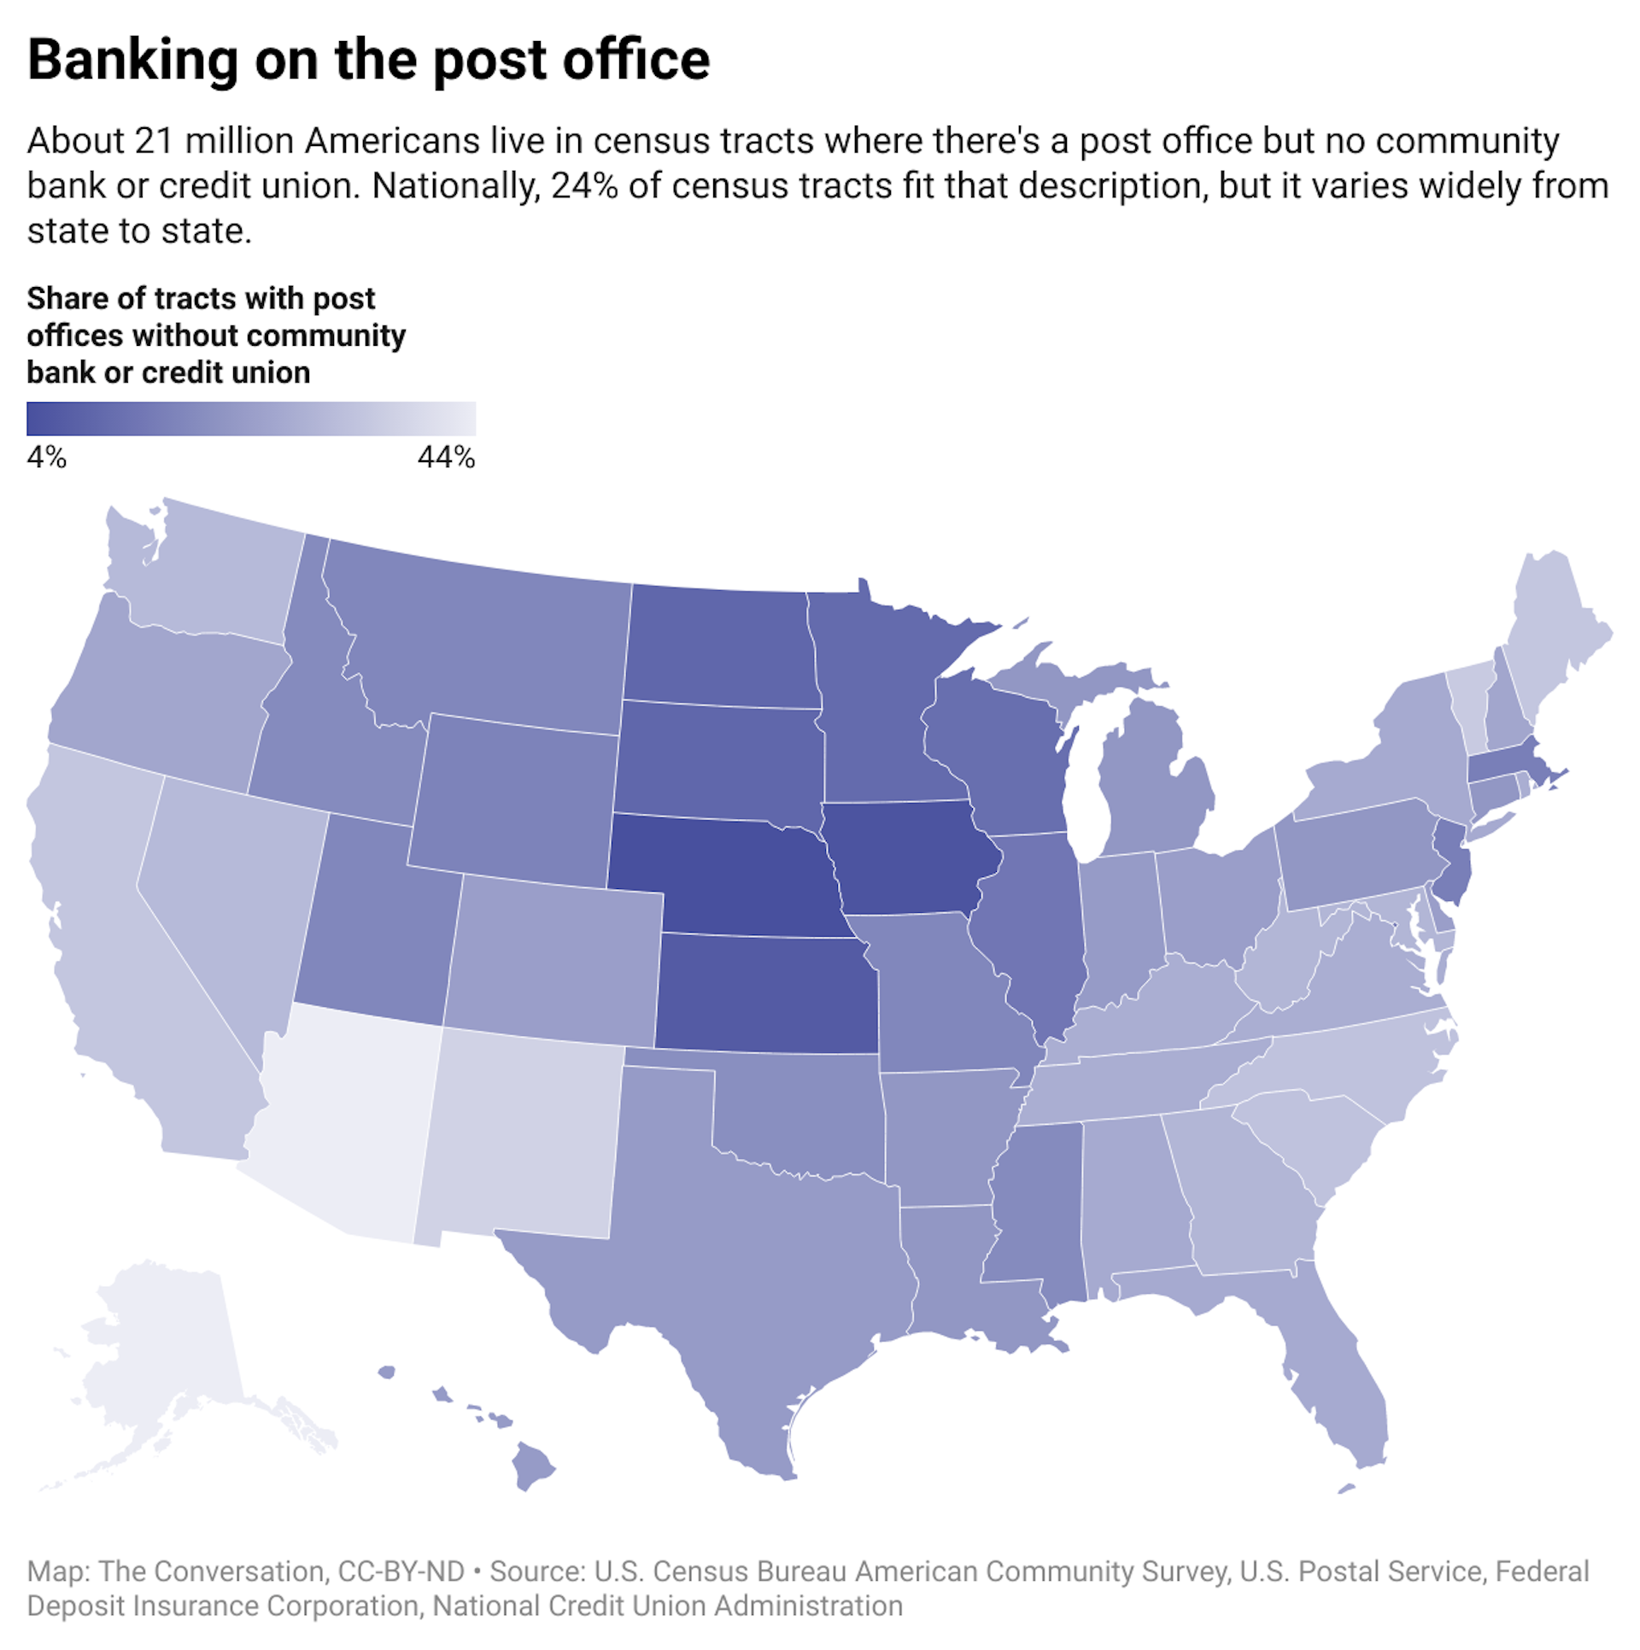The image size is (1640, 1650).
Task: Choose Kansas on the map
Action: pos(764,995)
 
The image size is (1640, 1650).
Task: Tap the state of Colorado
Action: pos(555,961)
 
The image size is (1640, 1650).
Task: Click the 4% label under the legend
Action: pos(46,459)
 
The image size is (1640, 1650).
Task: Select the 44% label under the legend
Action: pos(446,459)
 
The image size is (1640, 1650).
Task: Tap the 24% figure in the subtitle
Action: pos(584,186)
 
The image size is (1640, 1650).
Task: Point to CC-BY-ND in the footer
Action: pos(401,1571)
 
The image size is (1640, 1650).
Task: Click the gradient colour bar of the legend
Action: pos(251,419)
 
